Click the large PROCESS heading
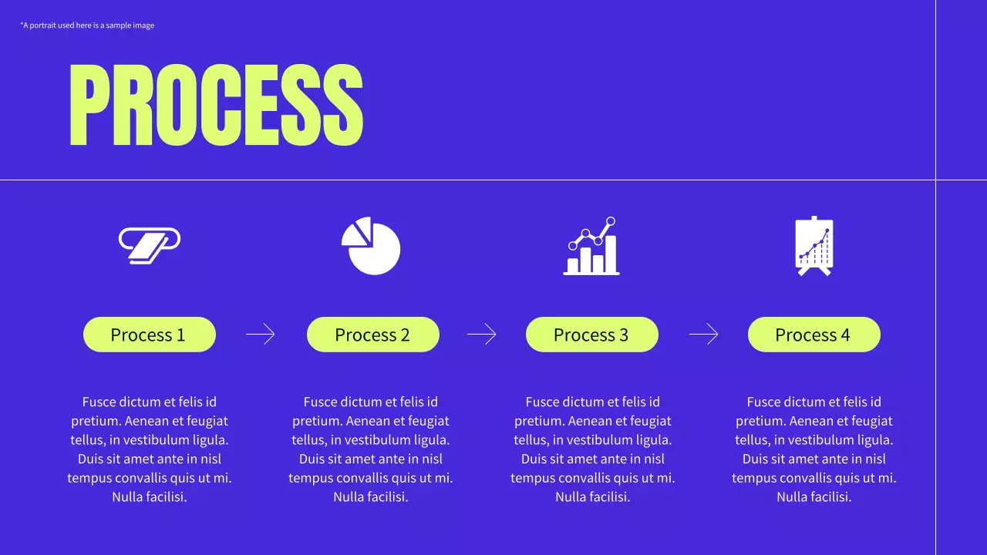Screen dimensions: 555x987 [x=216, y=106]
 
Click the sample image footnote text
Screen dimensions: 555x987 [x=87, y=25]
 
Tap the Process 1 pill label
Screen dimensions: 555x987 [x=149, y=335]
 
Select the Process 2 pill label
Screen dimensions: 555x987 [x=372, y=335]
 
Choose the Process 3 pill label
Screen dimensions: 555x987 [x=591, y=335]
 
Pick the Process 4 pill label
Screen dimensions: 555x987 [x=814, y=335]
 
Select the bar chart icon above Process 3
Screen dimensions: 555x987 [x=591, y=246]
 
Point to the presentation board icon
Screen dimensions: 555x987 [x=814, y=246]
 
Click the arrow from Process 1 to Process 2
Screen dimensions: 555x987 [x=261, y=335]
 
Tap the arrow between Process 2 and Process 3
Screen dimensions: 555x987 [x=482, y=335]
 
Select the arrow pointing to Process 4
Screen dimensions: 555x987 [x=703, y=335]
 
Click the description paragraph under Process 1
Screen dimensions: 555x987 [x=149, y=449]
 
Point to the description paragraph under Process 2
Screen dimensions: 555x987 [x=371, y=449]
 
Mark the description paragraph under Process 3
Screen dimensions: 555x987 [x=592, y=449]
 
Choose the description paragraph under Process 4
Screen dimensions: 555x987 [x=814, y=449]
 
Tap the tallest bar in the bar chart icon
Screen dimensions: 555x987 [x=611, y=254]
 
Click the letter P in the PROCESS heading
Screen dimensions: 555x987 [x=90, y=106]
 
